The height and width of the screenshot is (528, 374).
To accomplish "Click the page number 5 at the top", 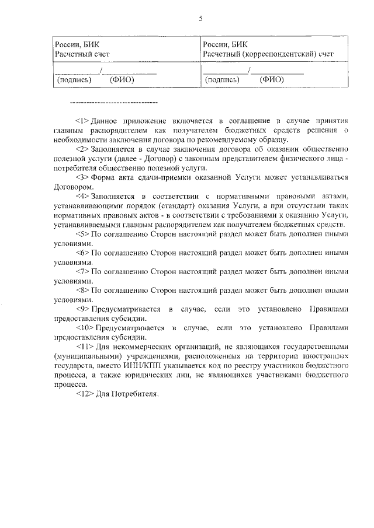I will [200, 18].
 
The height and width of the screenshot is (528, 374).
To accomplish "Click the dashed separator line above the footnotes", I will [113, 103].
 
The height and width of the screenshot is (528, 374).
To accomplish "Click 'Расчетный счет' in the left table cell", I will [82, 54].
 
